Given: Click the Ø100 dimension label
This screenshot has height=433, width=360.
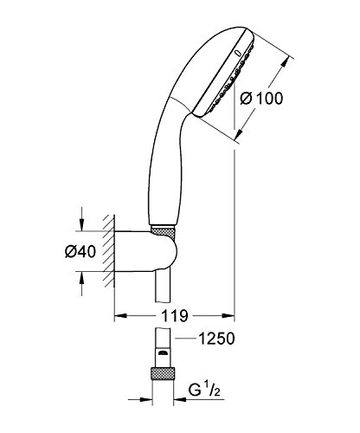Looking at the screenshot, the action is (261, 98).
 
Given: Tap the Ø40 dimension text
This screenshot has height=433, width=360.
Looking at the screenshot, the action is (80, 251).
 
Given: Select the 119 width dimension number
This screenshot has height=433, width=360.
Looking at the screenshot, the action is (174, 316).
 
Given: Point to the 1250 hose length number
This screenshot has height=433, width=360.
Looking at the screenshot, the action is (216, 339).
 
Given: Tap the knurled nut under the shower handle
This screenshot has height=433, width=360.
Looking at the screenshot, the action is (163, 233).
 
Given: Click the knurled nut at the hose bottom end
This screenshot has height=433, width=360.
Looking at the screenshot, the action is (163, 374).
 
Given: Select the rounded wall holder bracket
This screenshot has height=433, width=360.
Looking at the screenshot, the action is (146, 251).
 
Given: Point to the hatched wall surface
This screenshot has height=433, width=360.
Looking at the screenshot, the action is (109, 251).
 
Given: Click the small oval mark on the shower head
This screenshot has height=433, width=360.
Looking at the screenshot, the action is (238, 53).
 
